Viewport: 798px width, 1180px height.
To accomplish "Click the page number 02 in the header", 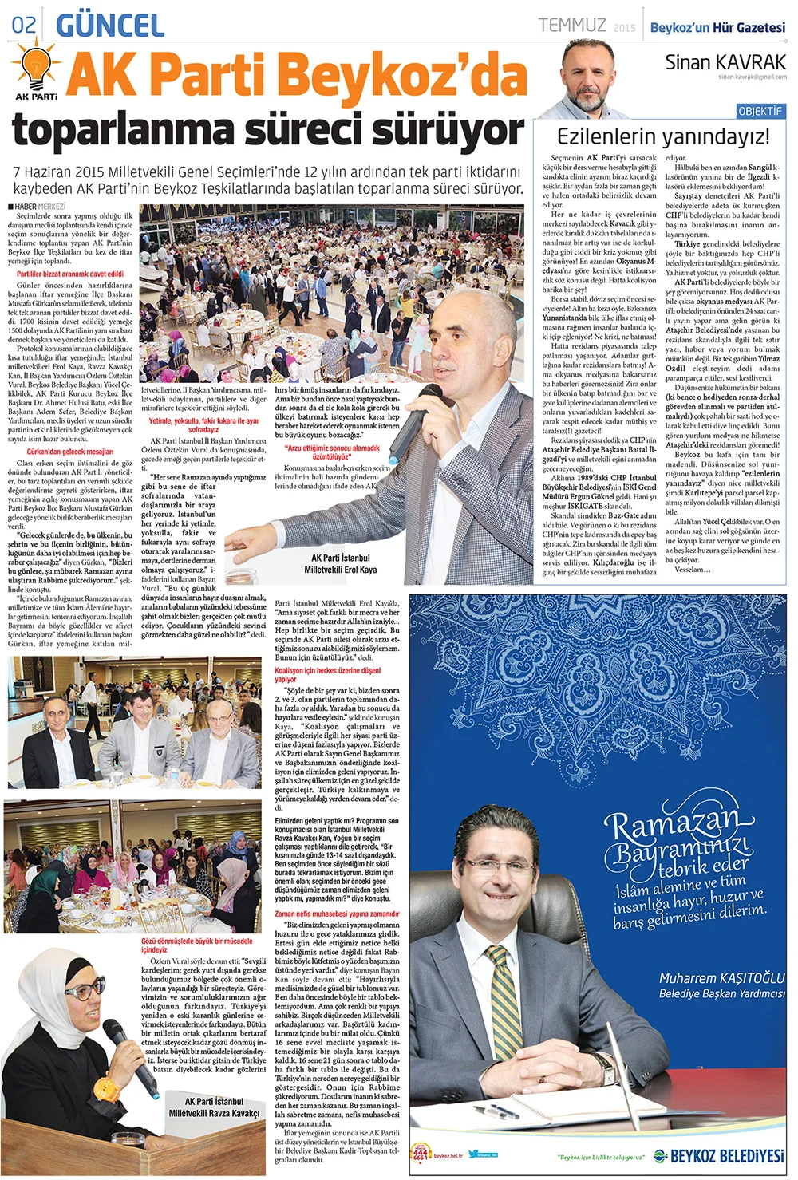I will coord(24,25).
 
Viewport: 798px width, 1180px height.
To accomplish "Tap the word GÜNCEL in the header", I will coord(111,25).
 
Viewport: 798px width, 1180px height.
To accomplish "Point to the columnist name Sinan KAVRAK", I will coord(725,62).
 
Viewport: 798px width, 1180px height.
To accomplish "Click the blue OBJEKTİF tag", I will coord(760,111).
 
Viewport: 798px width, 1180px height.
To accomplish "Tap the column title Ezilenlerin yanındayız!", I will coord(662,136).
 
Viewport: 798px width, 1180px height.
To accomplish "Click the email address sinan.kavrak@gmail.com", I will coord(752,77).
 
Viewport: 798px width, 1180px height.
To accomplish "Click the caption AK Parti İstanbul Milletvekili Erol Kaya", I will coord(340,563).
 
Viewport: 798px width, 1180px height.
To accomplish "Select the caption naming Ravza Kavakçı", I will coord(214,1107).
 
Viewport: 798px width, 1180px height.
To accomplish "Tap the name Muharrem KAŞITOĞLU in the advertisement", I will coord(721,978).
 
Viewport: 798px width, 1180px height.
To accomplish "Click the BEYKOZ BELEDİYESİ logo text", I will coord(726,1156).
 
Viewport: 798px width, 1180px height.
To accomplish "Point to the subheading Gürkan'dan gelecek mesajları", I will coord(70,452).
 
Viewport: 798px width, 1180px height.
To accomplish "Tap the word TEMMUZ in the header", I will coord(572,26).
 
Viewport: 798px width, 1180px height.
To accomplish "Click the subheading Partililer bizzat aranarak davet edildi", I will coord(70,274).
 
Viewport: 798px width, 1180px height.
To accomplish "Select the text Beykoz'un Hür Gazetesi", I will coord(717,27).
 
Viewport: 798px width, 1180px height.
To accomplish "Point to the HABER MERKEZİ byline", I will coord(40,207).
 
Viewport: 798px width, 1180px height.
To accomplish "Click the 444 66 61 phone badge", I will coord(421,1154).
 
